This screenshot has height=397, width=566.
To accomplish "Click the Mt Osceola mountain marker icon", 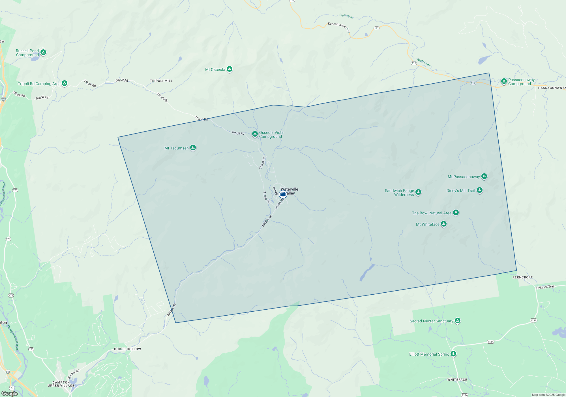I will click(230, 69).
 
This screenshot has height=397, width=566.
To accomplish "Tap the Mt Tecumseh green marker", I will click(193, 147).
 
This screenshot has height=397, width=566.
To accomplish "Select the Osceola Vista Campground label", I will click(271, 134).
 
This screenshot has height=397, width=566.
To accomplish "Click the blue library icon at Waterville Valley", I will click(283, 194).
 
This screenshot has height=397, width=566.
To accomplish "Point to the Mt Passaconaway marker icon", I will click(484, 176).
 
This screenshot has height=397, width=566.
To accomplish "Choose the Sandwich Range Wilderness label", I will click(399, 193).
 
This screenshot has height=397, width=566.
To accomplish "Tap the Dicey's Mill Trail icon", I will click(479, 190).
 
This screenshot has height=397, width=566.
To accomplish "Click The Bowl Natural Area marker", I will click(456, 212).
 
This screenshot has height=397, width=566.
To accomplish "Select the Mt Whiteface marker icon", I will click(444, 224).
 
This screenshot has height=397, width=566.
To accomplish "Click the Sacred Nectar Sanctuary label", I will click(431, 321).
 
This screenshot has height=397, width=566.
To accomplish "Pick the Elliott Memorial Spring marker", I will click(453, 354).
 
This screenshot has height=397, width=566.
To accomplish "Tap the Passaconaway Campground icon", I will click(504, 81).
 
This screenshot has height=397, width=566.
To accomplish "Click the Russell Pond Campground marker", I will click(43, 52).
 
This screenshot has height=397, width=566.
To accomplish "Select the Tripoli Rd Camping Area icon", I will click(65, 83).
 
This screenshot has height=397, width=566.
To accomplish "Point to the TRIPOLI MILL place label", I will click(161, 81).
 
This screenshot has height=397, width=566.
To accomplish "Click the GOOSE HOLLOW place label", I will click(127, 349).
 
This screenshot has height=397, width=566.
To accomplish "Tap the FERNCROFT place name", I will click(522, 277).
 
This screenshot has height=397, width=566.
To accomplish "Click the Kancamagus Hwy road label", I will click(339, 27).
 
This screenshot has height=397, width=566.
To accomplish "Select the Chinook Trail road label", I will click(545, 287).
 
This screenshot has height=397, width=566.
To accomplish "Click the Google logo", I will click(10, 394).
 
